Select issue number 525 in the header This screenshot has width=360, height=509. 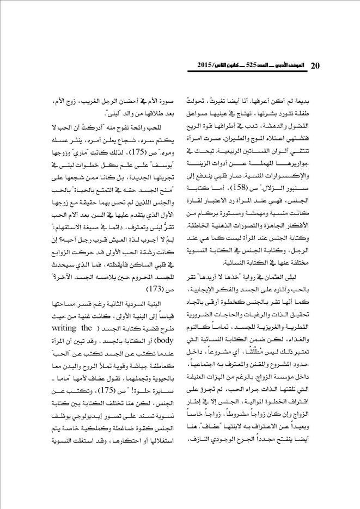tap(255, 66)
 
